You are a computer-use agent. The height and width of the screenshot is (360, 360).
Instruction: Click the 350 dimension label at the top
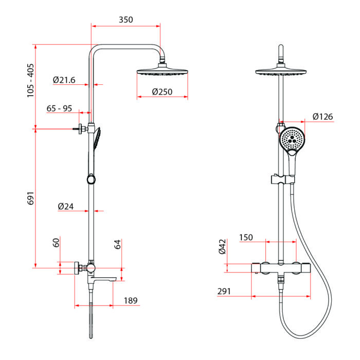pos(126,20)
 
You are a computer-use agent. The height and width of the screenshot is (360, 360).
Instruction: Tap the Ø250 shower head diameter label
pos(162,92)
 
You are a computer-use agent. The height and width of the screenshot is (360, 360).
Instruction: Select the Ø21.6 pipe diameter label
pos(64,80)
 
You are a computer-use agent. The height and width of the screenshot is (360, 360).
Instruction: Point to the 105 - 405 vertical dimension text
pos(30,80)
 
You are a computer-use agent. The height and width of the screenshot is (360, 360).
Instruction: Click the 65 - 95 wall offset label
pos(59,109)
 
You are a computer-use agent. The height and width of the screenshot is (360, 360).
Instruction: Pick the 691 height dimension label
pos(30,198)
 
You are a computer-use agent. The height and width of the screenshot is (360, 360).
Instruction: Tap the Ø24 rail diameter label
pos(66,206)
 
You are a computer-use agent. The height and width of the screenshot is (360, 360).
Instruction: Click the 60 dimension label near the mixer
pos(56,243)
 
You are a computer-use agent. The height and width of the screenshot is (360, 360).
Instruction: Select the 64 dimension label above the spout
pos(117,244)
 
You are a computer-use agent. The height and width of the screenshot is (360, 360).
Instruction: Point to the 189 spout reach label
pos(131,300)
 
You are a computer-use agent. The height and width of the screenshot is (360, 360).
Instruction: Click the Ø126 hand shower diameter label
pos(322,117)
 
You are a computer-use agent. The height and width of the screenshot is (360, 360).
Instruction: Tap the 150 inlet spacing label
pos(246,238)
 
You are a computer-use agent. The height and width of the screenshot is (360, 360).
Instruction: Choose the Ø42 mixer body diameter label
pos(222,246)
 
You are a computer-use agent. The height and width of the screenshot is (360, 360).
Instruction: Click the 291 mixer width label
pos(224,291)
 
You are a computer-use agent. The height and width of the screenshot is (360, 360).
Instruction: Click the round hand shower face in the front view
pos(292,138)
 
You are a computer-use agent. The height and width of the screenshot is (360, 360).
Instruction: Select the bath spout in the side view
pos(102,279)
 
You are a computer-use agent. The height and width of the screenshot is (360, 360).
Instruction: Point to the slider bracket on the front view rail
pos(283,179)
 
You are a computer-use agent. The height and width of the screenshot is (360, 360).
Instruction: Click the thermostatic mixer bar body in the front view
pos(281,268)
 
